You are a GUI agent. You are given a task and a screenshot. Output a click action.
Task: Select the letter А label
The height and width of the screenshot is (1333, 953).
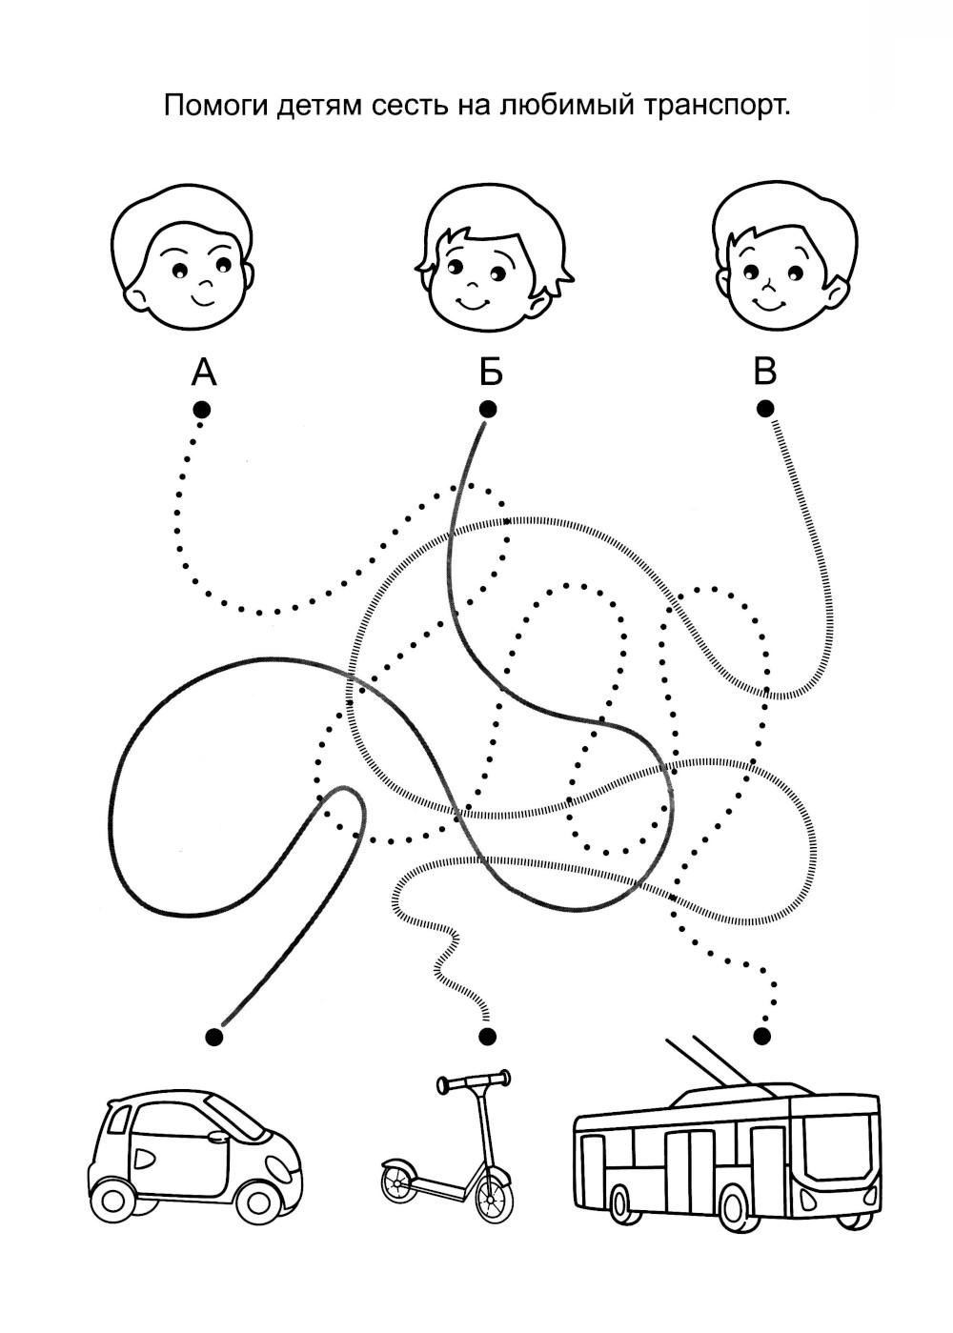tap(204, 372)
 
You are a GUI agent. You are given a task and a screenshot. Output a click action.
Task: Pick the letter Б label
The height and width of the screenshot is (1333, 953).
tap(490, 372)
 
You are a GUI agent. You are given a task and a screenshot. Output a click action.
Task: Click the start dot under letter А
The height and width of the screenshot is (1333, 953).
tap(202, 410)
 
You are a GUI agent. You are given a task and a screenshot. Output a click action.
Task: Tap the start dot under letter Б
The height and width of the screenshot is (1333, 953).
tap(488, 410)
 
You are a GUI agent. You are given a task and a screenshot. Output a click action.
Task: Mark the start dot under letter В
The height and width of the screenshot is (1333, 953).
tap(765, 409)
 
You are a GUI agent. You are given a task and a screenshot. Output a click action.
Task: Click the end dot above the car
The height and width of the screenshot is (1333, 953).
tap(214, 1036)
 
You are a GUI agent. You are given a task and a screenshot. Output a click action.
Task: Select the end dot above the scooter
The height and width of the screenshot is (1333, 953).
tap(488, 1036)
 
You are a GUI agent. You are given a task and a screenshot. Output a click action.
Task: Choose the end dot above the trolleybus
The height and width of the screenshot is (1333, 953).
tap(761, 1035)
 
